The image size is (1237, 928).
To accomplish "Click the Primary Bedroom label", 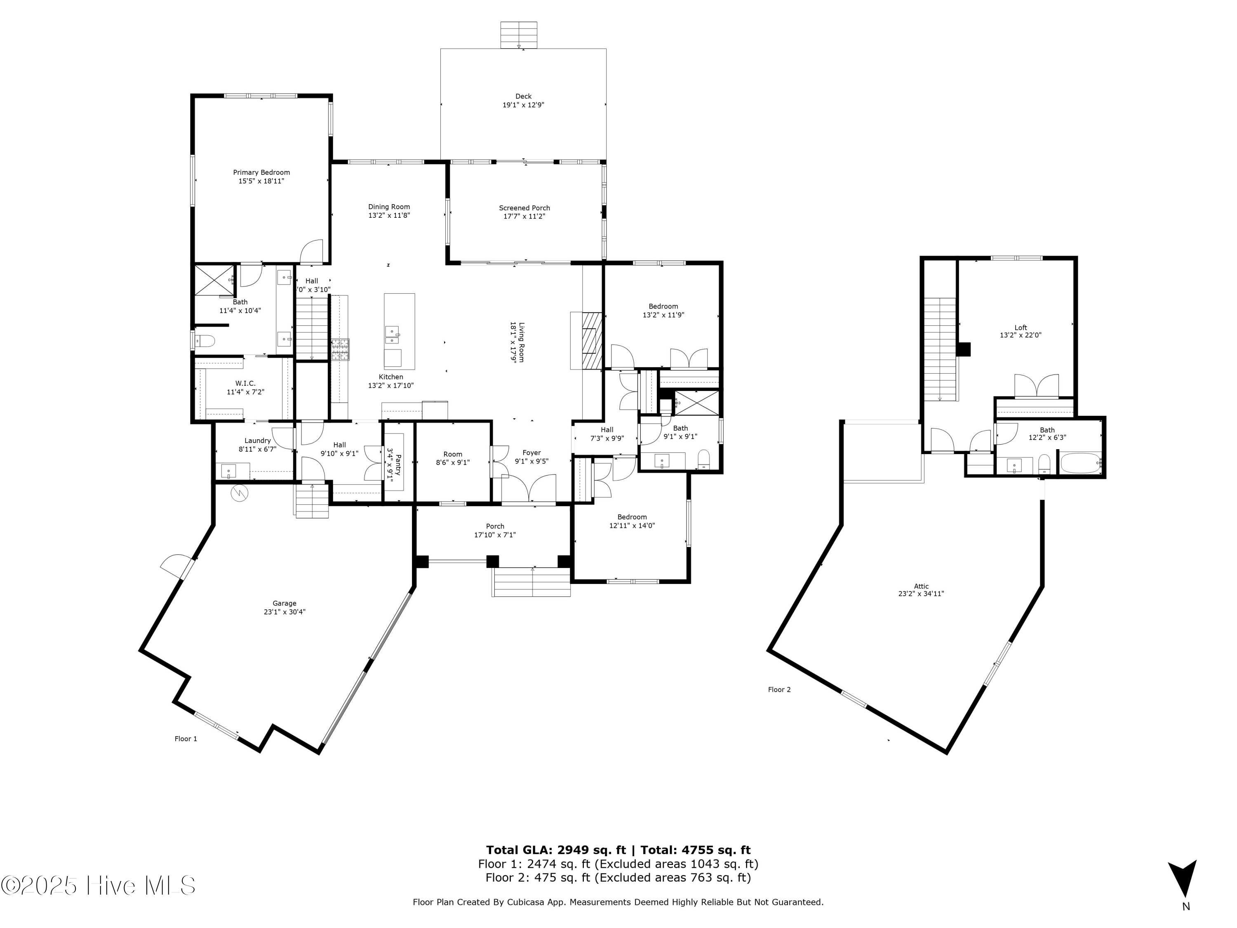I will (x=261, y=172).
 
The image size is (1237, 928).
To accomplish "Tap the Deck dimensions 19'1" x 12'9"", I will (x=523, y=105).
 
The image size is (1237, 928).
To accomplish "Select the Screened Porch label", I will (x=524, y=208).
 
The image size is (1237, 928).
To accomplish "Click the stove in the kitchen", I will (x=339, y=350).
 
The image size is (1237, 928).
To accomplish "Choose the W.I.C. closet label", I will (x=245, y=383).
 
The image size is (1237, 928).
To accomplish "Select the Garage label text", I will (x=284, y=603).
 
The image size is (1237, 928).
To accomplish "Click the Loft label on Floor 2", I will (x=1021, y=328).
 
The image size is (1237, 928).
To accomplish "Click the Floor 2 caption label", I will (x=779, y=690).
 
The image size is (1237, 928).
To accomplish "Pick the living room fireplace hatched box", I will (x=591, y=341).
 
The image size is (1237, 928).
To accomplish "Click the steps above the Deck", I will (x=518, y=35).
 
